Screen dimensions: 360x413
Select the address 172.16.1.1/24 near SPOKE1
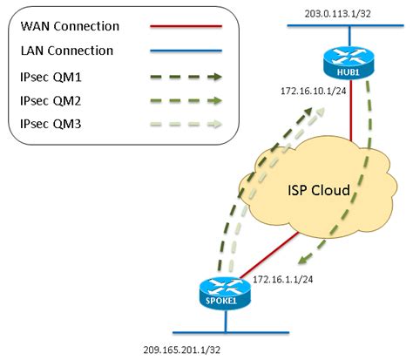pos(284,279)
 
